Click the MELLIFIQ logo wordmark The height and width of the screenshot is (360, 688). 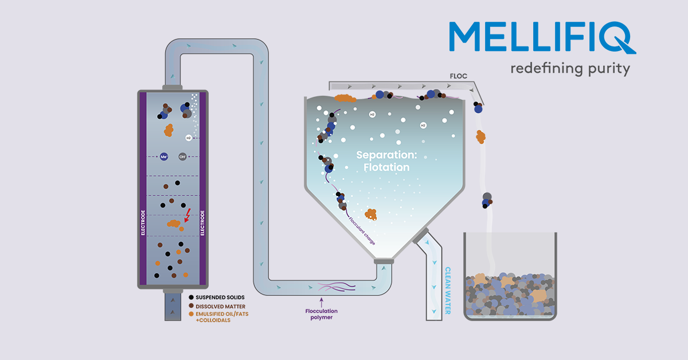coord(541,38)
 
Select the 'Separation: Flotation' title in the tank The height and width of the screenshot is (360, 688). coord(382,161)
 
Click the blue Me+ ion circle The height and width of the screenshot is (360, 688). coord(164,156)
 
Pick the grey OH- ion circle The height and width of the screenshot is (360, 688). coord(182,156)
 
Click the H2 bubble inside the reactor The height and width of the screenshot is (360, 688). coord(189,138)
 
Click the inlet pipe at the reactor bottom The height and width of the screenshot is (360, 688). coord(173,307)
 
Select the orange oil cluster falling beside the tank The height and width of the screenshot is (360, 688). coord(480,136)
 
